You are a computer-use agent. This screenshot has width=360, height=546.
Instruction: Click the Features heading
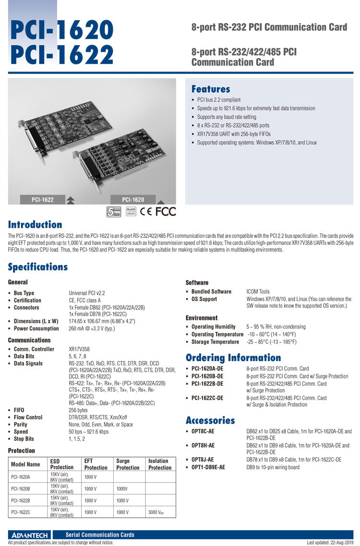click(211, 89)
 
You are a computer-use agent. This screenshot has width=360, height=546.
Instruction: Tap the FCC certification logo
click(166, 211)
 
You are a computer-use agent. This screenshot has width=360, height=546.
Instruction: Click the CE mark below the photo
click(146, 211)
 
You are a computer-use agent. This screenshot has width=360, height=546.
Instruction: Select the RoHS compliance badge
click(131, 211)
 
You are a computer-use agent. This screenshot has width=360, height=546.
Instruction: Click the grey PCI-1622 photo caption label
click(43, 199)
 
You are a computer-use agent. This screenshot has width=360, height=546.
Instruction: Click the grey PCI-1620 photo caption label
click(133, 199)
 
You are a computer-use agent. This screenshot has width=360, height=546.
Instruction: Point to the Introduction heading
click(35, 225)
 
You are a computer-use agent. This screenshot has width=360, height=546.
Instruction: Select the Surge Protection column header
click(128, 464)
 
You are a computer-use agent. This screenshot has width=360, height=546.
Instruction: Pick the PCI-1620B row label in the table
click(20, 488)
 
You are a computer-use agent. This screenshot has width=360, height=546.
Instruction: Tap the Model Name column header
click(25, 464)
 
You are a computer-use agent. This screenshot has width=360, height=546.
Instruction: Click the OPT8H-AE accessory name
click(203, 446)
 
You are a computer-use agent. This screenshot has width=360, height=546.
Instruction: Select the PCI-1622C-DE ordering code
click(207, 398)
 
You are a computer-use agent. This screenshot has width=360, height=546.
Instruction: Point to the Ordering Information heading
click(233, 358)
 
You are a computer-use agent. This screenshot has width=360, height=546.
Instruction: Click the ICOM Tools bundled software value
click(258, 291)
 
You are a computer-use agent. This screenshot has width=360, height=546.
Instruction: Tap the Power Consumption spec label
click(36, 328)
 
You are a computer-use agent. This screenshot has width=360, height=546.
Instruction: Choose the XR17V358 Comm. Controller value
click(79, 349)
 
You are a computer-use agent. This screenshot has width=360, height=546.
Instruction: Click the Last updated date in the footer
click(330, 543)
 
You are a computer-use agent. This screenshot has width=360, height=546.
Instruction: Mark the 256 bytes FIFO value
click(78, 410)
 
